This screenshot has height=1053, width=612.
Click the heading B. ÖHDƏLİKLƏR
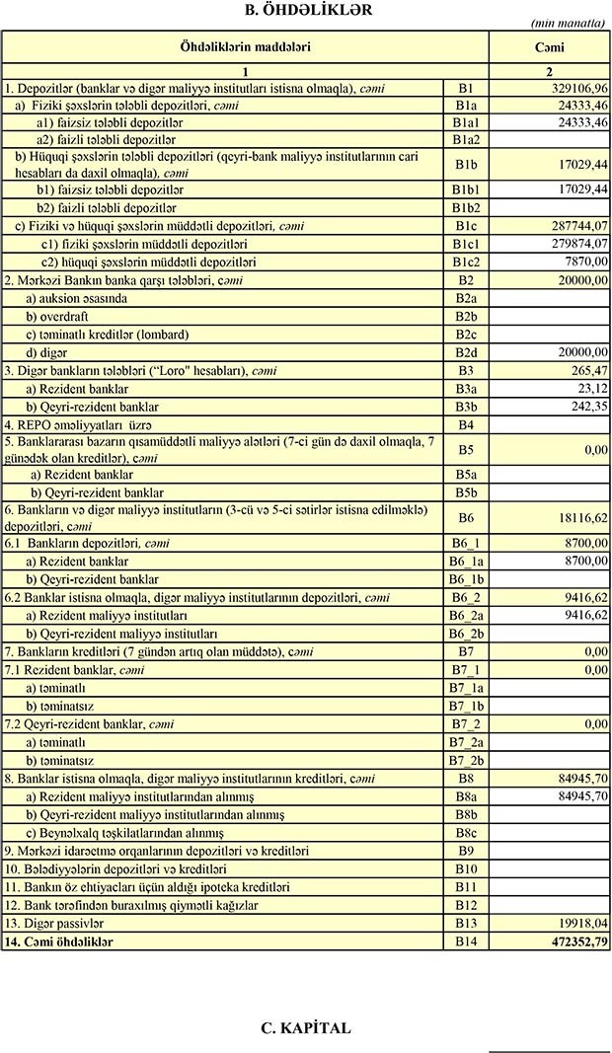(307, 10)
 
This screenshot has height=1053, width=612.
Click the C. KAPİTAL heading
(306, 1027)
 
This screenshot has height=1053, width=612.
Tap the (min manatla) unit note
(568, 23)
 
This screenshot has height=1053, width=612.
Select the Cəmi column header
(550, 47)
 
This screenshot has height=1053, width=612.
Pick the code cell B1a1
(466, 122)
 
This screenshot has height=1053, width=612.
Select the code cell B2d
(466, 352)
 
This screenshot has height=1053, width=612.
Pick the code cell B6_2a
(466, 615)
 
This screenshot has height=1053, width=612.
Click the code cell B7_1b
(466, 706)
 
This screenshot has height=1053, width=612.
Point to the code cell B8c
(466, 833)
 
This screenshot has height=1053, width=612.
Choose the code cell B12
(466, 905)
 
